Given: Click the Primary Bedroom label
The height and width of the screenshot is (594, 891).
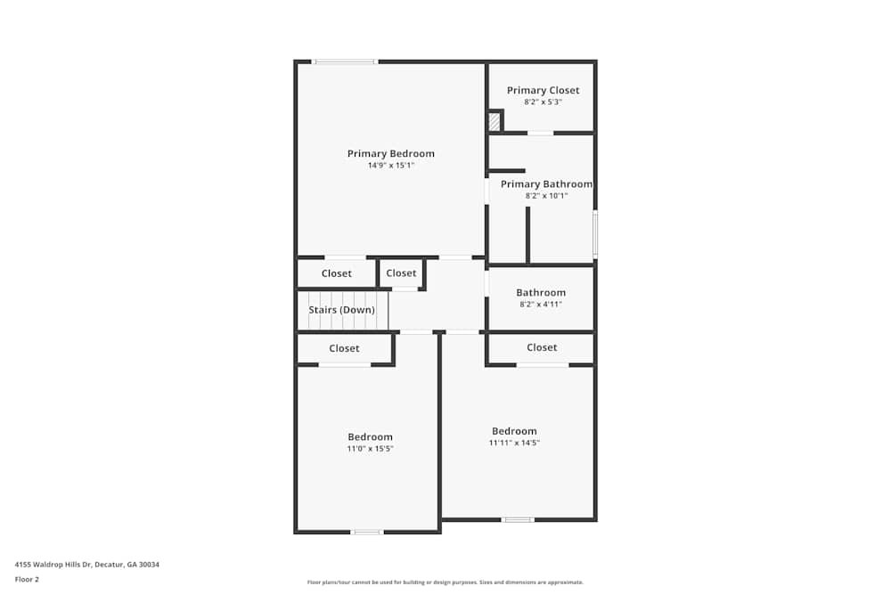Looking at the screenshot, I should coord(390,154).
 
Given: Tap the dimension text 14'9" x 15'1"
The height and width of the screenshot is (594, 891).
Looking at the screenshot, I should coord(390,166).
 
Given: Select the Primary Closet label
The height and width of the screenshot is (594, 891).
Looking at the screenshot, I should coord(543,90).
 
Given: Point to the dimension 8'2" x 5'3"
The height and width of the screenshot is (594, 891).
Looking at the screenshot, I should coord(543,102).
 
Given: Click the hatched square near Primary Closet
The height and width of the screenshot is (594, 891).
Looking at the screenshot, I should coord(495,122).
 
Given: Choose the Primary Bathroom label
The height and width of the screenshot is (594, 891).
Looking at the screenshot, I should coord(545,184).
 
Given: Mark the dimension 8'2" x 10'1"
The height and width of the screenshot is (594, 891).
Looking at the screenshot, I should coord(545,196).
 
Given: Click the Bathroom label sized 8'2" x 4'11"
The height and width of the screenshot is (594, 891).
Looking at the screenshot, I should coord(541,293).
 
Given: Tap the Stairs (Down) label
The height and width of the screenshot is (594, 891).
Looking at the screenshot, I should coord(341,310).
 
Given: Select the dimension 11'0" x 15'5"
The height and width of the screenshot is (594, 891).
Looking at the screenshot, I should coord(370,449).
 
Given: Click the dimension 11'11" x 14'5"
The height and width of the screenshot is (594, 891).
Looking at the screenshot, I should coord(514,443).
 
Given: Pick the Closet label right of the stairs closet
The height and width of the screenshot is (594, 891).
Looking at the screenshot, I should coord(401,273).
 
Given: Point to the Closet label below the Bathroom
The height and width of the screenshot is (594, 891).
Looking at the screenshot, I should coord(542,347).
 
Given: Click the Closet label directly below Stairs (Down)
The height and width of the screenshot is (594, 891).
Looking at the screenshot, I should coord(344,348).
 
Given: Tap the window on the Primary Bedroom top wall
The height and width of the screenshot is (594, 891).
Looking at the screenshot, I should coord(344,61).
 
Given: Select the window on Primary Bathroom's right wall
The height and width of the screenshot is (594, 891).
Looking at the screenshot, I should coord(595,234).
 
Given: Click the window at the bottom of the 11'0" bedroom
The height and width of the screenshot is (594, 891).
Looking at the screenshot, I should coord(366,533).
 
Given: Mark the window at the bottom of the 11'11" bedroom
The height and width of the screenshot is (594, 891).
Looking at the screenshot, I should coord(518,519).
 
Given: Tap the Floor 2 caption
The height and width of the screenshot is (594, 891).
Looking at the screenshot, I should coord(27,579).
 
